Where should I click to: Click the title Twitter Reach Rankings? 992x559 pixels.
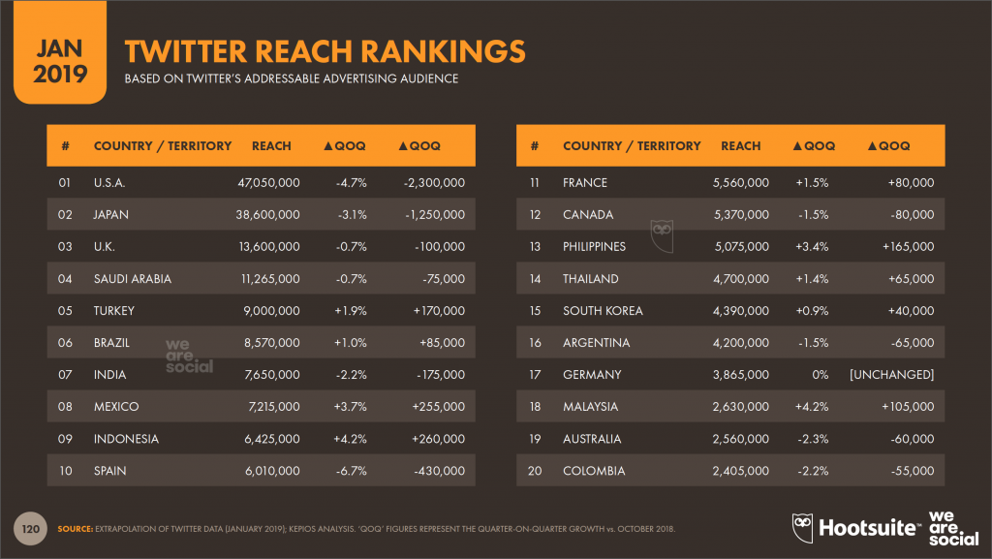click(x=325, y=51)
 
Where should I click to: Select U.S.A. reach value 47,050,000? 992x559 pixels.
click(x=268, y=182)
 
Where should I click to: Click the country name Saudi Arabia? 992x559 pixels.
click(x=132, y=279)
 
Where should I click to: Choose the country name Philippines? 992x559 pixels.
click(x=594, y=246)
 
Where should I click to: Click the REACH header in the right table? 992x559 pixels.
click(x=740, y=146)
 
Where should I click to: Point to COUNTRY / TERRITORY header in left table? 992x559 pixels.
click(x=163, y=146)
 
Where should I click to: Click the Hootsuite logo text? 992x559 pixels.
click(x=868, y=528)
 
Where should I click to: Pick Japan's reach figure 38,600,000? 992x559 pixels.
click(x=268, y=214)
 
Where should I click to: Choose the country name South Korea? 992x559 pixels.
click(x=603, y=311)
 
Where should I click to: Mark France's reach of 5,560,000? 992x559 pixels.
click(x=741, y=182)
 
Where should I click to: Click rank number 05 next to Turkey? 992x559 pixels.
click(x=66, y=311)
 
